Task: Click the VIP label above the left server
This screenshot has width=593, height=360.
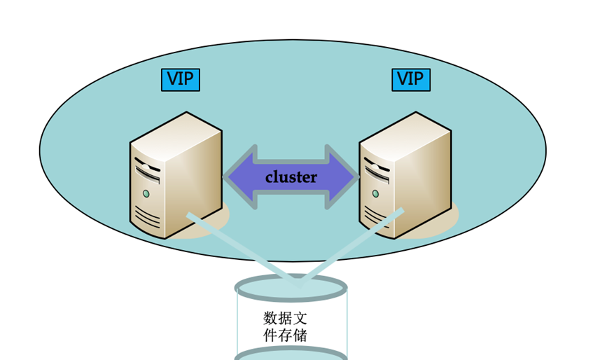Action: point(180,80)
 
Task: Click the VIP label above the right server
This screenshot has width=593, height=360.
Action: point(410,80)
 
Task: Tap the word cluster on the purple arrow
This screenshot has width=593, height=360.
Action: point(291,177)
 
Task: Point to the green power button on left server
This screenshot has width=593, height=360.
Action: point(146,193)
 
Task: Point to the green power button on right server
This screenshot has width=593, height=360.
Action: point(376,193)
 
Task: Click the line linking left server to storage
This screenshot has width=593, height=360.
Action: point(238,248)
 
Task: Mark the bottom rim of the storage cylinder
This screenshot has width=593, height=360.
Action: point(291,354)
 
